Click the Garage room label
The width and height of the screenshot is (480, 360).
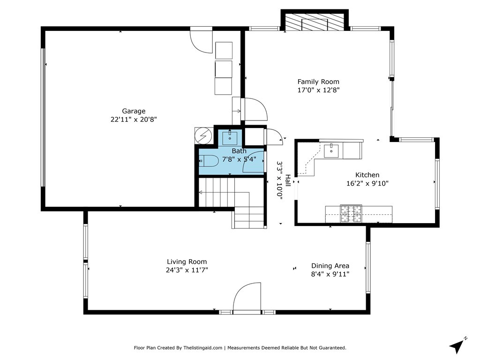pyautogui.click(x=134, y=112)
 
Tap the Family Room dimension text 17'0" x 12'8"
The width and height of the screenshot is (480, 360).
pyautogui.click(x=318, y=90)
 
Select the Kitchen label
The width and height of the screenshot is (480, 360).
pyautogui.click(x=367, y=175)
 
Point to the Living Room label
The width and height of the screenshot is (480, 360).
pyautogui.click(x=187, y=262)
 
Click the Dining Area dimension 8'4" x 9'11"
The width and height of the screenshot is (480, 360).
pyautogui.click(x=330, y=274)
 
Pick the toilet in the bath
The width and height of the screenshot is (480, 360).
pyautogui.click(x=208, y=160)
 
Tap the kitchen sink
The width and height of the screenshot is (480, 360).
pyautogui.click(x=331, y=150)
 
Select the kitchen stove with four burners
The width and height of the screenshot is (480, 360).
pyautogui.click(x=351, y=213)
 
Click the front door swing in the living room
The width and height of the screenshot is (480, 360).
pyautogui.click(x=247, y=296)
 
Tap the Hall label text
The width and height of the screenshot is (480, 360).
pyautogui.click(x=288, y=180)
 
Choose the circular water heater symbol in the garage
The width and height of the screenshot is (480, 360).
pyautogui.click(x=203, y=135)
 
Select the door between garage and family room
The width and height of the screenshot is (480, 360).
pyautogui.click(x=255, y=109)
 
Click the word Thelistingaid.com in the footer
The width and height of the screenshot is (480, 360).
pyautogui.click(x=202, y=348)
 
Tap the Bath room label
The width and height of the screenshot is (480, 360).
pyautogui.click(x=239, y=151)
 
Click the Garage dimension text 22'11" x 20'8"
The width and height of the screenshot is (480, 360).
pyautogui.click(x=134, y=120)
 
